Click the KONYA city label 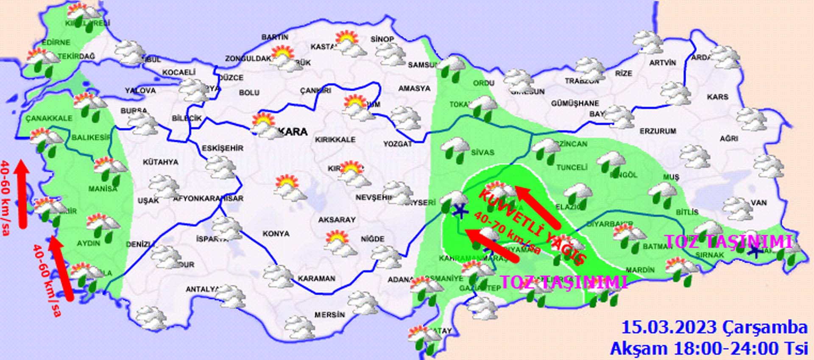276,234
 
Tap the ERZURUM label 658,131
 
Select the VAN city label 758,203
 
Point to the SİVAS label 482,152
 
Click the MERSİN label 329,315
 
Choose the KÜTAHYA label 160,162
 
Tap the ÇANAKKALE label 49,118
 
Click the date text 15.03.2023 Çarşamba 714,327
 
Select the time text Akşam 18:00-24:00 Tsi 708,348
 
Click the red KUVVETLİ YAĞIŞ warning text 532,227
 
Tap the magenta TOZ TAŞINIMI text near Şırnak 728,241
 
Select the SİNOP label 382,39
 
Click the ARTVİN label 663,63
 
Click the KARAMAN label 316,279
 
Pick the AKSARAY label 337,220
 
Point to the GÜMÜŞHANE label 575,103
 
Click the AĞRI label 729,138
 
